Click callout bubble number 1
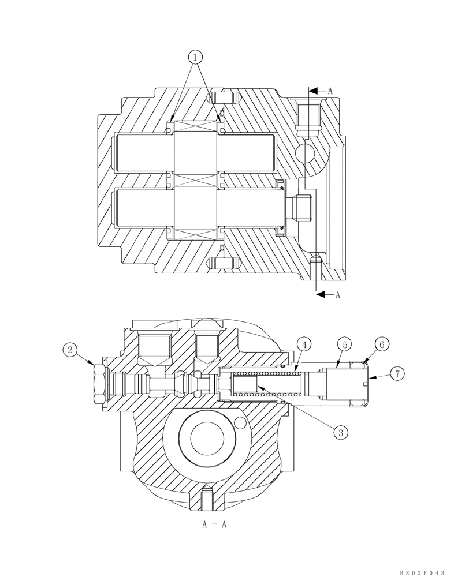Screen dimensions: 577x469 coord(196,57)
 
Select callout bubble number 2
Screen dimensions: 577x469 coord(70,349)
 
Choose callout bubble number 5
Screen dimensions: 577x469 coord(344,345)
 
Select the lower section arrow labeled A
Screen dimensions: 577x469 coord(327,295)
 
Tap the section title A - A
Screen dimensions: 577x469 coord(214,524)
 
